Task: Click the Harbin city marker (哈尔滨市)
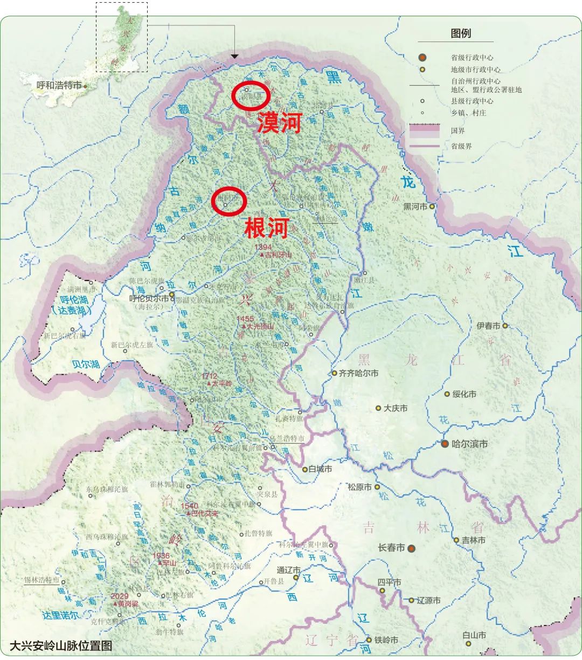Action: (445, 444)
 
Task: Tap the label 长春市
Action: (391, 548)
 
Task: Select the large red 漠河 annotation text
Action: (279, 123)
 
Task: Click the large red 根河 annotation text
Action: (267, 228)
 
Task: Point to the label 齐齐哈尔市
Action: (358, 373)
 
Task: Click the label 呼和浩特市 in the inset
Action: (59, 85)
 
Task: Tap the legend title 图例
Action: (461, 33)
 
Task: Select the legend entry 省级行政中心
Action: (472, 58)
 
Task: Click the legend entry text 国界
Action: (458, 131)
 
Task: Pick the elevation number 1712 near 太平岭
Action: (209, 376)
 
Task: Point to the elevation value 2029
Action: (120, 596)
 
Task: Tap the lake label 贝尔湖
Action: (86, 364)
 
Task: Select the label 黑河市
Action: (415, 207)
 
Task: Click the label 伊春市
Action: (488, 326)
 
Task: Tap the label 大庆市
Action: (396, 408)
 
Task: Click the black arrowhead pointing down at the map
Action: (234, 56)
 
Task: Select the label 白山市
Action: (474, 636)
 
